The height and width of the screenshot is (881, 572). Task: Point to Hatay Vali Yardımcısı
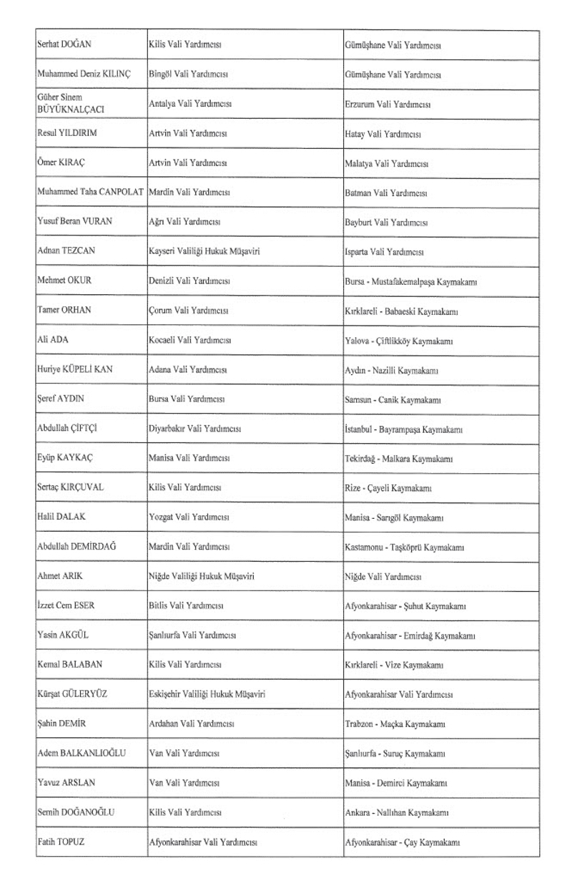click(x=383, y=134)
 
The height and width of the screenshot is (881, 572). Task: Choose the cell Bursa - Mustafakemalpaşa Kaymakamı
click(x=411, y=282)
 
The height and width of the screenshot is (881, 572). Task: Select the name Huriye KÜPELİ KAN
click(x=74, y=370)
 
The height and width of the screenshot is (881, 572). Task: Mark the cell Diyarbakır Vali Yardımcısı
click(x=194, y=429)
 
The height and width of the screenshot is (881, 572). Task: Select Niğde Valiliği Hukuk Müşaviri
click(x=202, y=576)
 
